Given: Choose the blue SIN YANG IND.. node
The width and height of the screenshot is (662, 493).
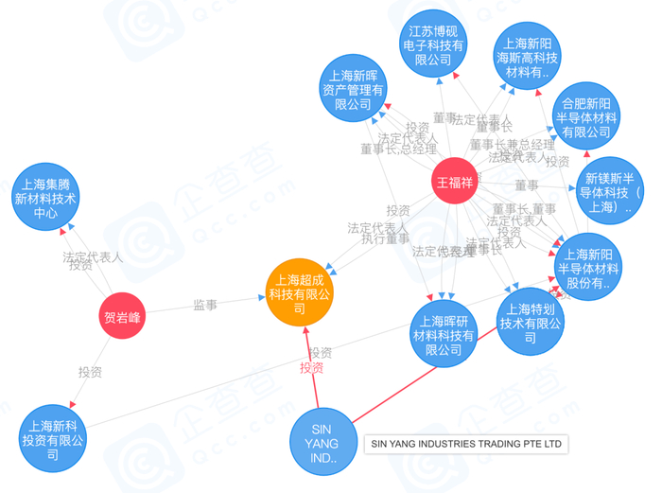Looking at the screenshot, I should pos(324,444).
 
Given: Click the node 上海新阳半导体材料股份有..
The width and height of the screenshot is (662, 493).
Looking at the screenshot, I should pos(588,269).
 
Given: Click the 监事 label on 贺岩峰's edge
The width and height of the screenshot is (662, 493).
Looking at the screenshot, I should pos(206,305).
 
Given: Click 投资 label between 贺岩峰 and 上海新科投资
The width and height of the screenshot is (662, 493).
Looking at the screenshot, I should pos(91,372).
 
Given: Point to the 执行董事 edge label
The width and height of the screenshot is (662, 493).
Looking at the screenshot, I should pos(386,240).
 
